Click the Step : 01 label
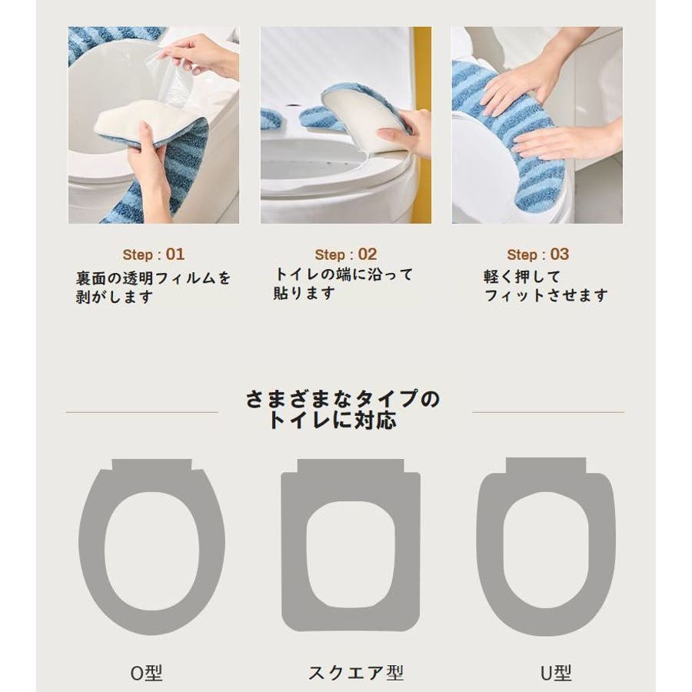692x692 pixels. [x=154, y=255]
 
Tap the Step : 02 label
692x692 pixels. [x=345, y=255]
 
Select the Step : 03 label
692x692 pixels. [x=537, y=255]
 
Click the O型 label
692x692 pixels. [x=147, y=673]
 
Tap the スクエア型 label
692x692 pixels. [x=356, y=673]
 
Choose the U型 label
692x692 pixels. [x=556, y=673]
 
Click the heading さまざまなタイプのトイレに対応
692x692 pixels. [x=342, y=409]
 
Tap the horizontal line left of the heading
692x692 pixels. [x=141, y=412]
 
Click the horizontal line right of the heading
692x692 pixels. [x=548, y=412]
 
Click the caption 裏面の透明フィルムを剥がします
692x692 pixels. [x=153, y=288]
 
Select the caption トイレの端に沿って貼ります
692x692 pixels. [x=343, y=284]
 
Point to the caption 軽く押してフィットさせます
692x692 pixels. [x=545, y=286]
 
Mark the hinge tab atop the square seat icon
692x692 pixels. [x=351, y=466]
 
